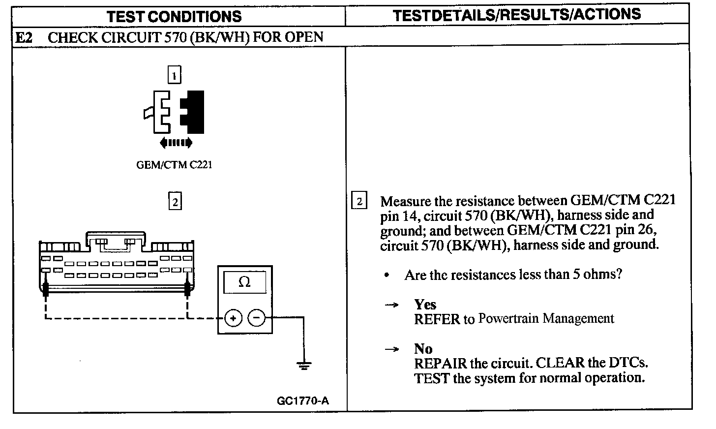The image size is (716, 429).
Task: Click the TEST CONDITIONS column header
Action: [x=174, y=17]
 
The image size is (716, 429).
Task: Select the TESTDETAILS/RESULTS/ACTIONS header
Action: [x=517, y=15]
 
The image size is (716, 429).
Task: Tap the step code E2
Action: [x=25, y=37]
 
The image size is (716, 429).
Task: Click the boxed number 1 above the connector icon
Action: [x=174, y=76]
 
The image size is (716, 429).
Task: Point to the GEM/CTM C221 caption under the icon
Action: [x=174, y=165]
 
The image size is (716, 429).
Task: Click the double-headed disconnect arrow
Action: [x=176, y=143]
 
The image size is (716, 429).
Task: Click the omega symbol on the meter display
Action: [x=244, y=282]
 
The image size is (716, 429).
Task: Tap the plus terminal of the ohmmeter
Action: [x=233, y=318]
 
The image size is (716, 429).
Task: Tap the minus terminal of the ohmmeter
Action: [x=256, y=318]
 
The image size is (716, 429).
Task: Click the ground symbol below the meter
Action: [x=303, y=365]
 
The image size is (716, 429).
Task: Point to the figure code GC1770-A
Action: [x=303, y=401]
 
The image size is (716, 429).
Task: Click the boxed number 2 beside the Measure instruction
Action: [x=359, y=201]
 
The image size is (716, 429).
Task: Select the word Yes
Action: [x=425, y=305]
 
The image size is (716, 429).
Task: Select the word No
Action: [x=423, y=349]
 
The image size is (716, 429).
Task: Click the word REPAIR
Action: [x=440, y=364]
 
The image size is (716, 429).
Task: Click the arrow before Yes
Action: [x=391, y=305]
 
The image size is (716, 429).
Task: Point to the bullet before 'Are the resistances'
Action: [x=387, y=276]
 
